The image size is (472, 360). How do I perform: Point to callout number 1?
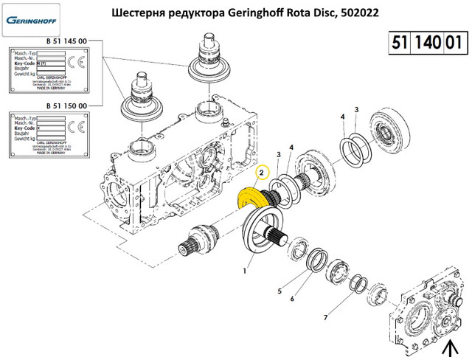coord(246,271)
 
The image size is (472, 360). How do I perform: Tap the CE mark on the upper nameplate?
coord(76,63)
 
